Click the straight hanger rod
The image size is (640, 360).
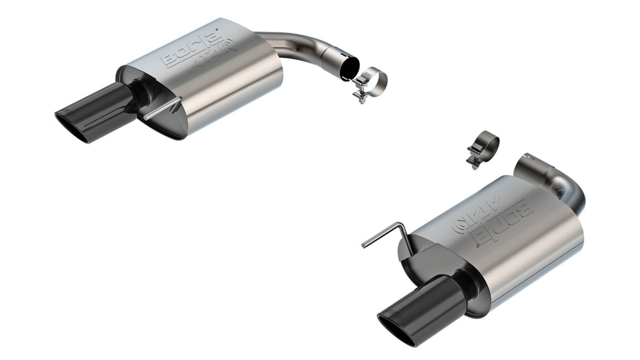161,109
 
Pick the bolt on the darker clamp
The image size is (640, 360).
473,159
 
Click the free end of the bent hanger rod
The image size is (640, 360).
364,245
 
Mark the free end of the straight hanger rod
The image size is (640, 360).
144,118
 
